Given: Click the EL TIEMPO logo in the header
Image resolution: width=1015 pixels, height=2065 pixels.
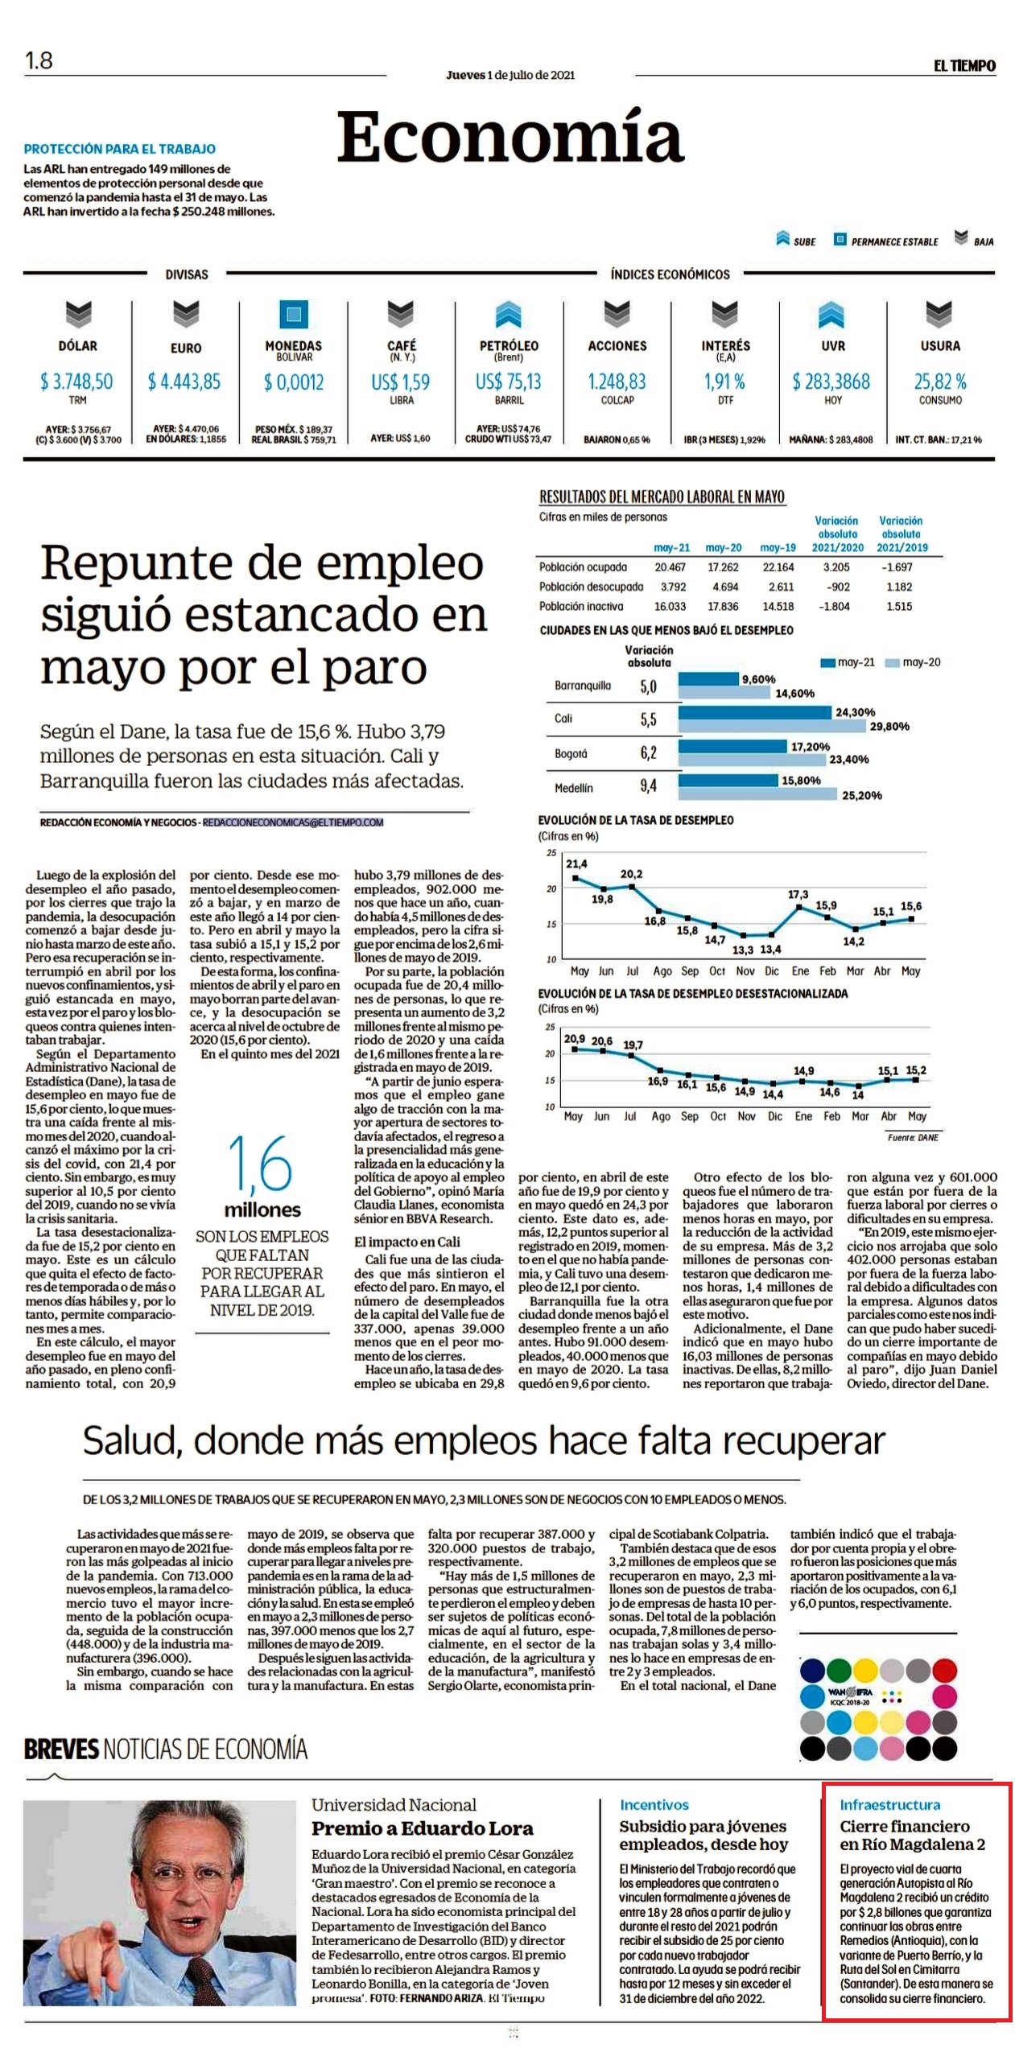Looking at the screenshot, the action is [964, 65].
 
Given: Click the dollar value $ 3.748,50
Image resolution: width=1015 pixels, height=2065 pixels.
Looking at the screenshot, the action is [76, 381].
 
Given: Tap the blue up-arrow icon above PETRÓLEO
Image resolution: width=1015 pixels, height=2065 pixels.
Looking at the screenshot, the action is [508, 314].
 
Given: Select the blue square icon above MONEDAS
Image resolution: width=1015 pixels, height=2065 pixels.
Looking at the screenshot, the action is [294, 314].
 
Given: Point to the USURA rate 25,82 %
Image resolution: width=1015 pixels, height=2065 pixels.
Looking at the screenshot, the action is [939, 381].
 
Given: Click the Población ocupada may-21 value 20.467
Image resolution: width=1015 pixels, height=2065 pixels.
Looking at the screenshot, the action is [670, 567].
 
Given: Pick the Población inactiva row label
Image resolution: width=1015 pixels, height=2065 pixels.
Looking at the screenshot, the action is [581, 606].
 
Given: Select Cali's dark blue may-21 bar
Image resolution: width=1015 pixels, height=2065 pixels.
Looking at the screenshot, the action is [754, 712].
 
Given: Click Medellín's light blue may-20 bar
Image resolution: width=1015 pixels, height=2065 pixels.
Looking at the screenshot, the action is [757, 794].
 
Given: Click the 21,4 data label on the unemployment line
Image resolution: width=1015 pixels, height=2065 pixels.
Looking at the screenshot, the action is [576, 864].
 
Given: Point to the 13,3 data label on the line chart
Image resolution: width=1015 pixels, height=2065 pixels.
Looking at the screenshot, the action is [743, 950].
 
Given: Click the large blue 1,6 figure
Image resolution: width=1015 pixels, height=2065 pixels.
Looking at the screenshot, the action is [260, 1163].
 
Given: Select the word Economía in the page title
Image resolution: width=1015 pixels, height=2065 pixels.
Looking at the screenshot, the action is [510, 136].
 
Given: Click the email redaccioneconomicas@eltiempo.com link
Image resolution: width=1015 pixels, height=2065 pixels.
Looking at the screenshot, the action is [293, 822].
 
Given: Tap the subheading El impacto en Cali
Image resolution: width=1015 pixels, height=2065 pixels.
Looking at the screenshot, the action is [406, 1242].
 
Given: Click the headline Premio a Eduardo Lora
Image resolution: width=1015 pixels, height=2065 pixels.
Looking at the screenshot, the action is [423, 1828].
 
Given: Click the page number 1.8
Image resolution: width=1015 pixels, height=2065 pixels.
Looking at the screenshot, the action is [39, 60].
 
